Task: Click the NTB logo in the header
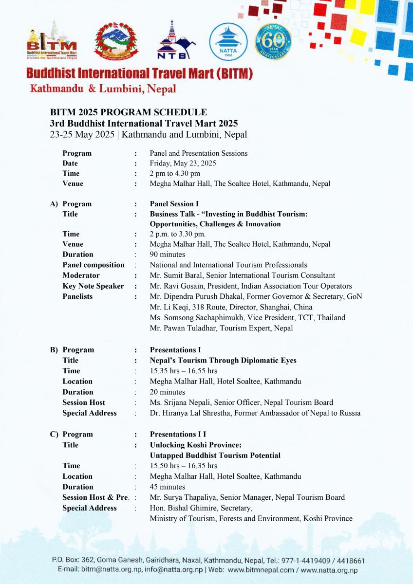(175, 40)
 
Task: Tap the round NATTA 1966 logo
(228, 42)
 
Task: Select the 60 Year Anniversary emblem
(273, 42)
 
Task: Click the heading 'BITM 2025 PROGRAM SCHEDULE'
(129, 112)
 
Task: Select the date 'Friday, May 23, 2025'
(183, 164)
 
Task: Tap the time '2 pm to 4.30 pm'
(175, 173)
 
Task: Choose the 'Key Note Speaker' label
(93, 286)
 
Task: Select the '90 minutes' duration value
(167, 255)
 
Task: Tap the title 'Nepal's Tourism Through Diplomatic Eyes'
(223, 361)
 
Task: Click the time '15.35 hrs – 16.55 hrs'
(183, 371)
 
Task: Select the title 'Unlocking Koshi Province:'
(196, 445)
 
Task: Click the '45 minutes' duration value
(167, 487)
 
